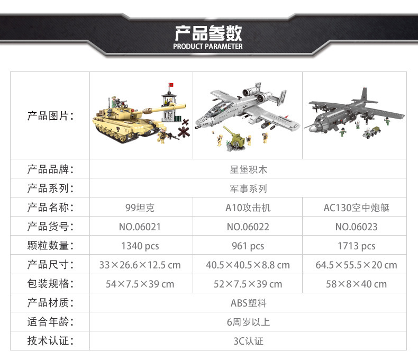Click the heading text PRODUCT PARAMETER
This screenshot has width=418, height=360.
[x=208, y=46]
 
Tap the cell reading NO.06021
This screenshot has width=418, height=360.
[x=140, y=227]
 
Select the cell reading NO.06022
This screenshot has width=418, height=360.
[x=248, y=227]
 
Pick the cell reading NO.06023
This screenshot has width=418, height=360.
[x=356, y=227]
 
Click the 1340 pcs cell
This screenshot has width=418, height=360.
[x=140, y=246]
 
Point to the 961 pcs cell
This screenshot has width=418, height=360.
[x=248, y=246]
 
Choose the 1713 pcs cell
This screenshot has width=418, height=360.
[x=356, y=246]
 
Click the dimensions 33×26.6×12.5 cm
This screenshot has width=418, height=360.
[x=140, y=265]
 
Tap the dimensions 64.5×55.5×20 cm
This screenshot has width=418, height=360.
[x=356, y=265]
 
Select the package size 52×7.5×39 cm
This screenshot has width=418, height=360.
[x=248, y=284]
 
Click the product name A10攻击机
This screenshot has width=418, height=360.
[x=248, y=208]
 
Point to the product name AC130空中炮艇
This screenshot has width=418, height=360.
[x=356, y=208]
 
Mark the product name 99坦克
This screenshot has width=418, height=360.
[x=140, y=208]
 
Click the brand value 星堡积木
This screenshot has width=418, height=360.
[x=248, y=169]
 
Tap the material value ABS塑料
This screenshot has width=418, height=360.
[x=248, y=303]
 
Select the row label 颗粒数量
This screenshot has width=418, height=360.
[x=50, y=246]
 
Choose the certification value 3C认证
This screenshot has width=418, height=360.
[x=248, y=341]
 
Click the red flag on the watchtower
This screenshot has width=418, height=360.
[x=170, y=85]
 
